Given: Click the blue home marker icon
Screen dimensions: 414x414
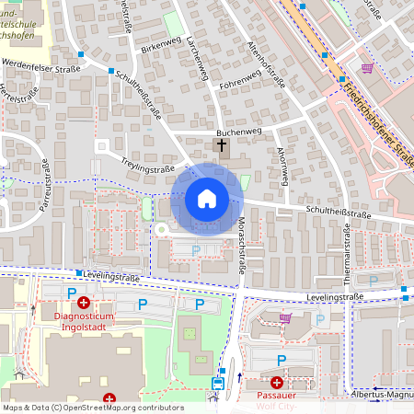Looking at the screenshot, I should tap(206, 199).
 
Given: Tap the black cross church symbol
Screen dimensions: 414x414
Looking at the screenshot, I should tap(221, 145).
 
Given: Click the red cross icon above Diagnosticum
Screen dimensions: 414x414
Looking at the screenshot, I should tap(84, 302).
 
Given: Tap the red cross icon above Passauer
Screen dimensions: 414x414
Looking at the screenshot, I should tap(277, 382).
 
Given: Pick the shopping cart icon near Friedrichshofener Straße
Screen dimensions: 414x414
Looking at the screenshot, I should tap(368, 68).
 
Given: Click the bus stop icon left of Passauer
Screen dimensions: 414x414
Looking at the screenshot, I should tap(218, 383).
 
